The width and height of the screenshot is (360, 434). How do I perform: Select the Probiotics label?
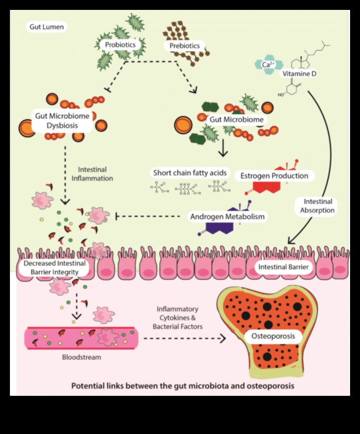tap(120, 45)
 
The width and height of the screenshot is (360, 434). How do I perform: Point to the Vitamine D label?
tap(299, 73)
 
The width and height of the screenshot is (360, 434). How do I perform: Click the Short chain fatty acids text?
tap(190, 173)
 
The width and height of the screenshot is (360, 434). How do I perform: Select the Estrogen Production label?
tap(274, 176)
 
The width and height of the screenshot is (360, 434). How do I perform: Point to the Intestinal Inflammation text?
tap(95, 174)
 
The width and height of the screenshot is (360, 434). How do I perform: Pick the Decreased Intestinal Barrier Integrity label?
tap(55, 267)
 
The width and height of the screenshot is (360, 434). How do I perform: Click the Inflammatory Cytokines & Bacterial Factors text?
tap(180, 317)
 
